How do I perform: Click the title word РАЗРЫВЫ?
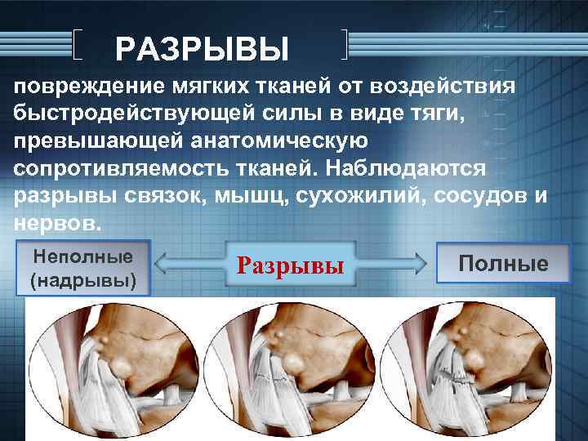(203, 51)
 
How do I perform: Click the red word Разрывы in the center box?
(290, 265)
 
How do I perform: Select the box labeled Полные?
(502, 264)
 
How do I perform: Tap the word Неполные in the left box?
(82, 256)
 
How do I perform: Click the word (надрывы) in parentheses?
(82, 280)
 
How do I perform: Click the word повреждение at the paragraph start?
(91, 87)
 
